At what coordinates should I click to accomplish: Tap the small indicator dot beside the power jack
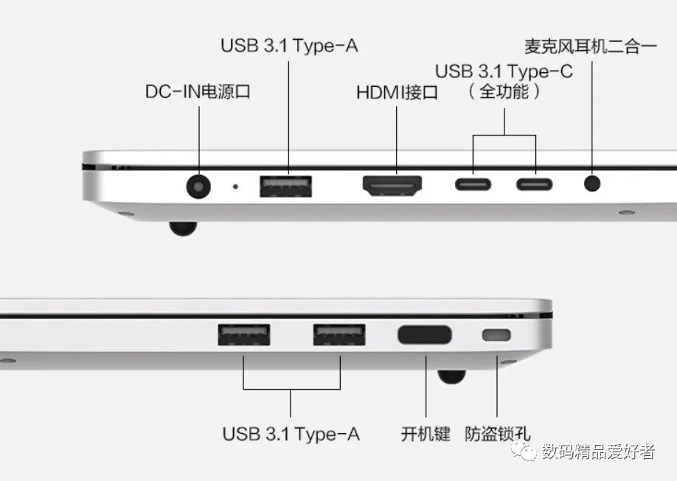[235, 186]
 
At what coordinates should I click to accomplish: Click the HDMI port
[392, 185]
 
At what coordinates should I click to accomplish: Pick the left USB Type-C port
[473, 183]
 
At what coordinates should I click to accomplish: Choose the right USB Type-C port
[534, 183]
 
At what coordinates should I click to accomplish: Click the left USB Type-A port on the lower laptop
[243, 335]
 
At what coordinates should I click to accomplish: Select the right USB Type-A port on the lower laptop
[340, 335]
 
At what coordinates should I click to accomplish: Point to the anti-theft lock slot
[496, 335]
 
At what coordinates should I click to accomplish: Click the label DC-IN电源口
[198, 92]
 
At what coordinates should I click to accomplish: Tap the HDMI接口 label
[397, 93]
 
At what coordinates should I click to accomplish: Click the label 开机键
[426, 433]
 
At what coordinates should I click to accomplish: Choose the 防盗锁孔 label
[497, 433]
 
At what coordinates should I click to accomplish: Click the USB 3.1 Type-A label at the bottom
[291, 433]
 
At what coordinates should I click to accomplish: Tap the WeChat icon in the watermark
[527, 451]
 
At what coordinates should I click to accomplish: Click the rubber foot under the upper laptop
[182, 228]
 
